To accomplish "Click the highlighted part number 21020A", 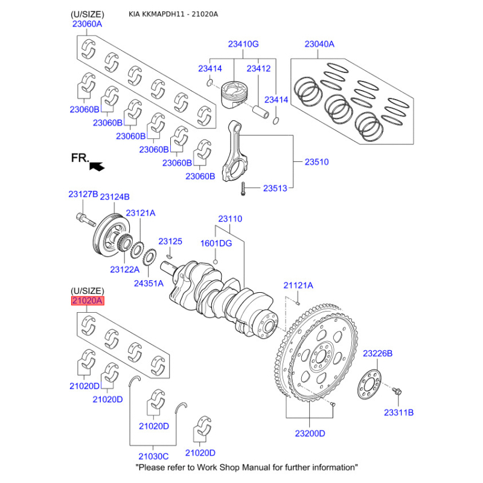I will pyautogui.click(x=88, y=301).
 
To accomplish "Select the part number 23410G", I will pyautogui.click(x=243, y=44).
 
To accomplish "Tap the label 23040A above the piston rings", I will pyautogui.click(x=319, y=44).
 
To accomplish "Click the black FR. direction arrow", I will pyautogui.click(x=95, y=163).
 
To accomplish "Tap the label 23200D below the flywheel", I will pyautogui.click(x=310, y=433).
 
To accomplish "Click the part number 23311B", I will pyautogui.click(x=398, y=412).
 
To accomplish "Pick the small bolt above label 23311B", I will pyautogui.click(x=397, y=391).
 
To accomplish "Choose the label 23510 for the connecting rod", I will pyautogui.click(x=316, y=162).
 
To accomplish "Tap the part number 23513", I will pyautogui.click(x=275, y=188).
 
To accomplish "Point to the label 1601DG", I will pyautogui.click(x=216, y=243).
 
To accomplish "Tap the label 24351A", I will pyautogui.click(x=148, y=282).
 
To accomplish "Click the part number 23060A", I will pyautogui.click(x=87, y=25).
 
